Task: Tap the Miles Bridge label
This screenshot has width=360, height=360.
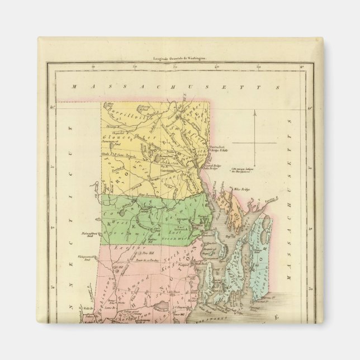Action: (241, 190)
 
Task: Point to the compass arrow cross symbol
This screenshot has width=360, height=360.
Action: (254, 143)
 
